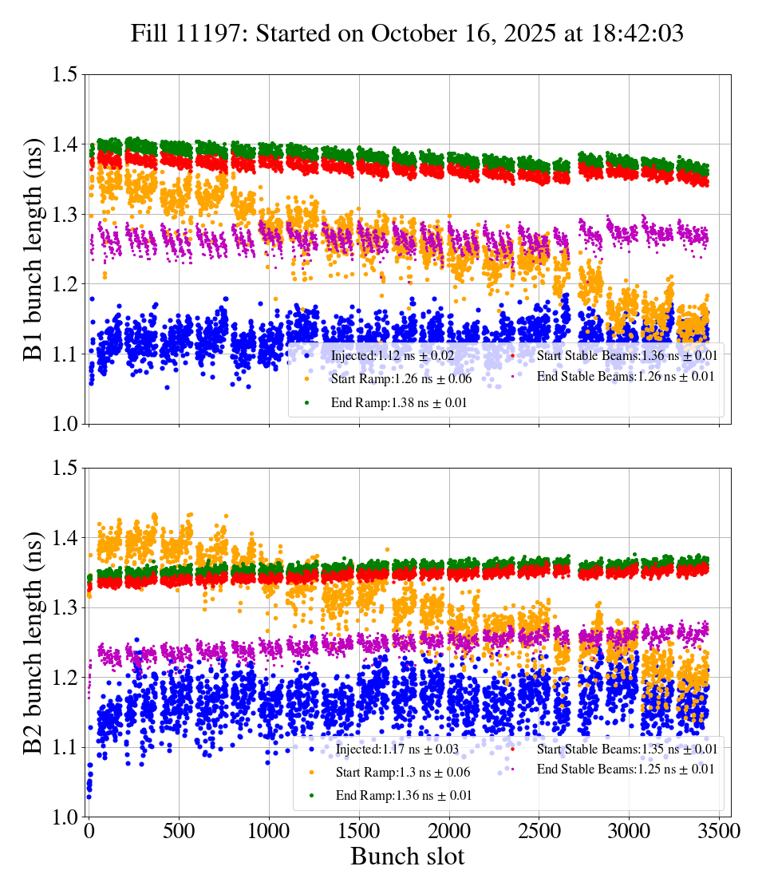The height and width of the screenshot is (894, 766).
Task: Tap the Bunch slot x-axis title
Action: pos(407,856)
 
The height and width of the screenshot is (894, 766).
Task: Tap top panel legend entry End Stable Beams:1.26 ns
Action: pos(625,376)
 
